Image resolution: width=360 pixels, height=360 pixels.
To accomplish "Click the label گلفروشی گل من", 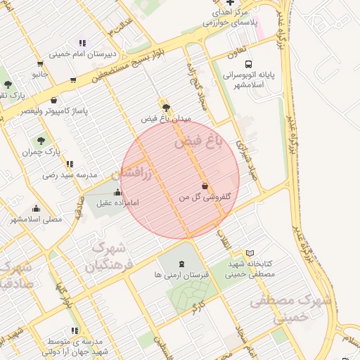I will pos(206,198).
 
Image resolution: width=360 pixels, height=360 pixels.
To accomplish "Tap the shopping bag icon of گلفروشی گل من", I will pos(205,186).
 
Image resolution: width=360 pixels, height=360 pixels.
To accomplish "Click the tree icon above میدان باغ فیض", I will pos(166,108).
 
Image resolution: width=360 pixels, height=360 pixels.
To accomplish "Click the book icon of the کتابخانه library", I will pos(250,253).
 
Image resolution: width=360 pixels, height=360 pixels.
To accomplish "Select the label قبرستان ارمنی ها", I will pos(182,275).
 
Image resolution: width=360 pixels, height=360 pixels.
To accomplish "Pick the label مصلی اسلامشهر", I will pos(36,219).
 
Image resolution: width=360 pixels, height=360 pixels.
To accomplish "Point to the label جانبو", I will pos(40,74).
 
